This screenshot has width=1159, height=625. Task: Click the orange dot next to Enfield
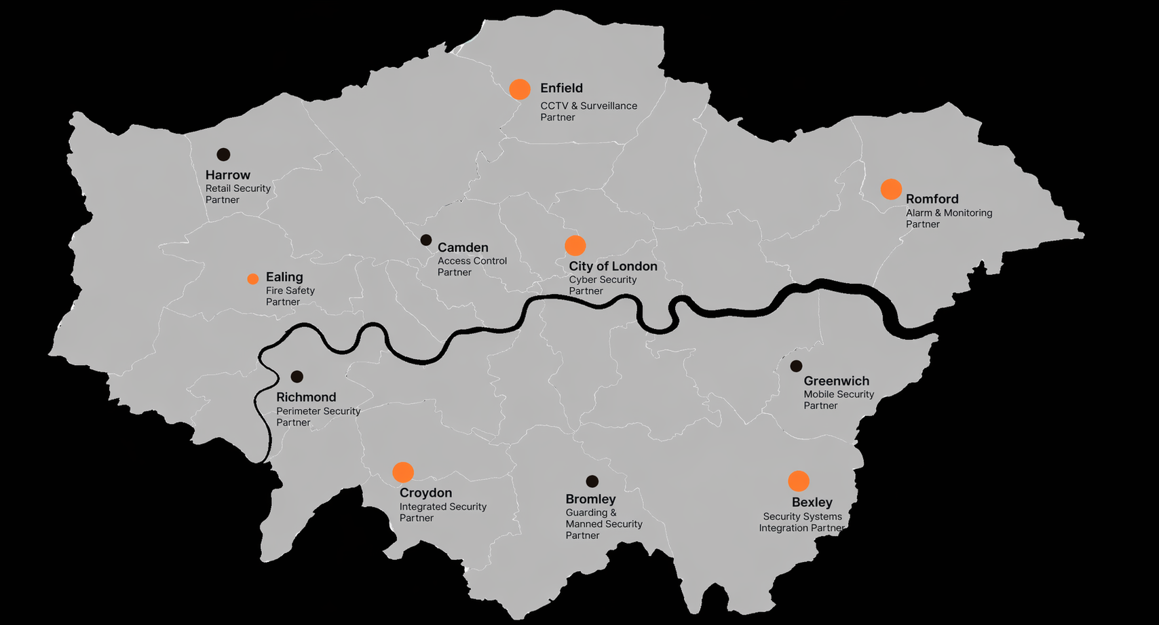[x=520, y=90]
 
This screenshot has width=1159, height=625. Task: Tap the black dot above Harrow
[x=223, y=155]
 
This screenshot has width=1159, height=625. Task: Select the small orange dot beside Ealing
[x=253, y=279]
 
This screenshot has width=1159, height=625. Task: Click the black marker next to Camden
[x=426, y=240]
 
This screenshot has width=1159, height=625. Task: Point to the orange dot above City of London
[x=575, y=246]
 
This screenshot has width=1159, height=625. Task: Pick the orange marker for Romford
[x=891, y=189]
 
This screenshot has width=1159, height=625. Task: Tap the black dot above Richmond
[x=297, y=377]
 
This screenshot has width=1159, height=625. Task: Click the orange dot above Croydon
[x=403, y=472]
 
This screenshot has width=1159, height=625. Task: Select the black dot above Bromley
[x=592, y=482]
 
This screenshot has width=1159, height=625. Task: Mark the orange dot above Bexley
[x=799, y=481]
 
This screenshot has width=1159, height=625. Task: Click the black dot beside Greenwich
[x=797, y=366]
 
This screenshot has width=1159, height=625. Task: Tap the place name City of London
[x=613, y=267]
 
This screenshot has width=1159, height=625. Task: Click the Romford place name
[x=932, y=200]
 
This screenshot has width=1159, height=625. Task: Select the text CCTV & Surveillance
[x=588, y=106]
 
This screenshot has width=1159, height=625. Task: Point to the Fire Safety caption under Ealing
[x=290, y=290]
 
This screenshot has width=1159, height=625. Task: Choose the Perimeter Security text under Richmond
[x=318, y=411]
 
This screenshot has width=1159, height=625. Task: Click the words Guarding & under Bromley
[x=591, y=513]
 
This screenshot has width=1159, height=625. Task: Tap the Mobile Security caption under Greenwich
[x=839, y=394]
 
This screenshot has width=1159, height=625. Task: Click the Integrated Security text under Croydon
[x=442, y=507]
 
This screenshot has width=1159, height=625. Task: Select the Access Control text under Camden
[x=472, y=261]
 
